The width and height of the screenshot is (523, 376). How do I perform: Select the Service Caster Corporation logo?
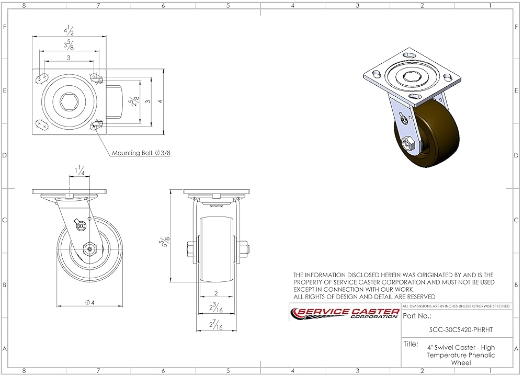point(345,313)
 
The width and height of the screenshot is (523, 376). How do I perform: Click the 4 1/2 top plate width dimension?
point(70,30)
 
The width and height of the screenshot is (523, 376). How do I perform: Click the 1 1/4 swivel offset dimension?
point(80,170)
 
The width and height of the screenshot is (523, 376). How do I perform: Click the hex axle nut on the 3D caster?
point(408,143)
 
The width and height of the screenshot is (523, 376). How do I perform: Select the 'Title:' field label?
point(411,344)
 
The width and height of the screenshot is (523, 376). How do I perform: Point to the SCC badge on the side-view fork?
point(81,226)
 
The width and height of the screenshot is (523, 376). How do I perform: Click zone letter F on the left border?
point(5,27)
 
